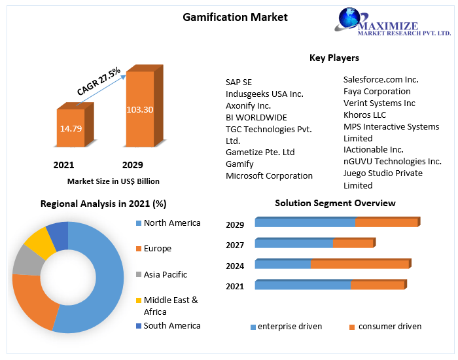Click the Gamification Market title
(235, 17)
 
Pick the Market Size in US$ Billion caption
(113, 181)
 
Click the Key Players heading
(334, 58)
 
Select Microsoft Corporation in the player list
(269, 175)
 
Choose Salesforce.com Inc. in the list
(381, 79)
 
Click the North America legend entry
(172, 223)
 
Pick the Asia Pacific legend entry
(166, 274)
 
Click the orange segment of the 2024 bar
(360, 264)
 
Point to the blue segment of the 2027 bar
(294, 243)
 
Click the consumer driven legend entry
(390, 326)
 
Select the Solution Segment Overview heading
(335, 203)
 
